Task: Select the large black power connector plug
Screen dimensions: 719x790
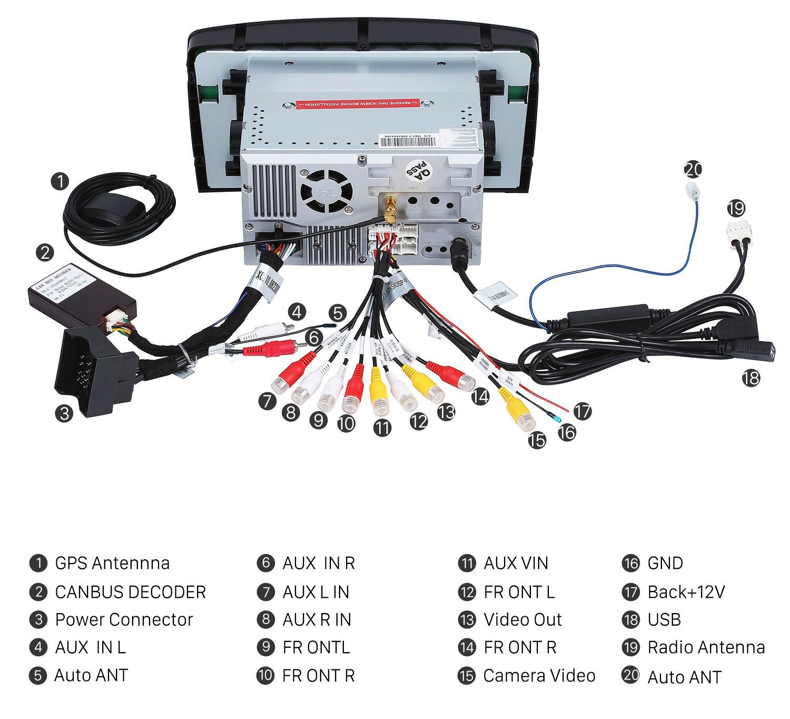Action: click(x=92, y=369)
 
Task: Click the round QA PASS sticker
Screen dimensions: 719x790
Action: click(x=418, y=170)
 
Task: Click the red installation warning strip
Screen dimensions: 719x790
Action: click(x=358, y=103)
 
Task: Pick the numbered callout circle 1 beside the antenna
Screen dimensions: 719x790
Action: click(x=60, y=181)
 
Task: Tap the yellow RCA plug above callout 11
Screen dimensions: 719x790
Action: click(x=379, y=393)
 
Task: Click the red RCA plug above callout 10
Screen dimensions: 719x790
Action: click(x=353, y=390)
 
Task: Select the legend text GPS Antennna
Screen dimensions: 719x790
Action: click(x=112, y=563)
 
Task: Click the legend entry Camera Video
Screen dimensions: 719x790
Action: click(x=539, y=675)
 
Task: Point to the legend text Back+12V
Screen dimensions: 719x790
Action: click(x=686, y=592)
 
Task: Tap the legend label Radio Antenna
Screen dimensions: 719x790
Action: click(x=706, y=647)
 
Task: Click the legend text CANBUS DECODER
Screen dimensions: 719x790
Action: click(x=130, y=592)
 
